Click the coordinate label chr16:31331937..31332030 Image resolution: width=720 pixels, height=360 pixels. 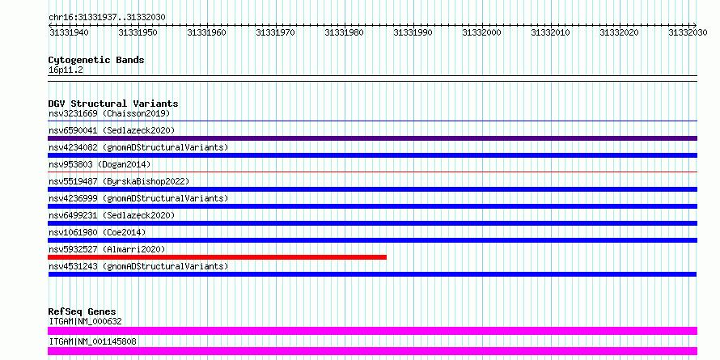pyautogui.click(x=107, y=17)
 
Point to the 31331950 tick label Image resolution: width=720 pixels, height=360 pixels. pyautogui.click(x=138, y=32)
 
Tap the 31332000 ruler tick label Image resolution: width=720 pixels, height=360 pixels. pyautogui.click(x=481, y=32)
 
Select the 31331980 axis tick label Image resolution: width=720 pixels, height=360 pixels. pyautogui.click(x=344, y=32)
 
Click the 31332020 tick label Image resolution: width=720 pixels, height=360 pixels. pyautogui.click(x=619, y=32)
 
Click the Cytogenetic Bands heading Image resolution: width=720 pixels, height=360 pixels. pyautogui.click(x=96, y=60)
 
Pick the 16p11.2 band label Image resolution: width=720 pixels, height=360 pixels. pyautogui.click(x=66, y=70)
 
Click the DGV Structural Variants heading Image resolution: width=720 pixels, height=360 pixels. pyautogui.click(x=113, y=104)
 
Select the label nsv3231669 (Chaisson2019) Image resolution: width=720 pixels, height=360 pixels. pyautogui.click(x=109, y=113)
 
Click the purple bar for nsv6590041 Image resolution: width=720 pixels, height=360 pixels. pyautogui.click(x=372, y=138)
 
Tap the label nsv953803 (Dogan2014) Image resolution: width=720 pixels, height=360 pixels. pyautogui.click(x=100, y=164)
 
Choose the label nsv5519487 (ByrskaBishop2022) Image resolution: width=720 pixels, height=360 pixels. pyautogui.click(x=119, y=181)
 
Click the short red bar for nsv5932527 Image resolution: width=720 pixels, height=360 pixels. pyautogui.click(x=217, y=257)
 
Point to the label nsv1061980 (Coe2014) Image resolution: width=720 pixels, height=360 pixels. pyautogui.click(x=97, y=232)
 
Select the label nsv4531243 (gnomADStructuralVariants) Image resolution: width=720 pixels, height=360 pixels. pyautogui.click(x=138, y=266)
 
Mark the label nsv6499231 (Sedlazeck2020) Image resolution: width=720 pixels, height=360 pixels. pyautogui.click(x=112, y=215)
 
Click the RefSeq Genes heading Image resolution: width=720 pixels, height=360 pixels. pyautogui.click(x=83, y=311)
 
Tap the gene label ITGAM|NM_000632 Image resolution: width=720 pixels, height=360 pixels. pyautogui.click(x=85, y=321)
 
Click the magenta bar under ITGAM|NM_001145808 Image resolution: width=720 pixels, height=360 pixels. pyautogui.click(x=372, y=351)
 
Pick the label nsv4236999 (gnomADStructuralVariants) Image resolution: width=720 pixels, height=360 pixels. pyautogui.click(x=138, y=198)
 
